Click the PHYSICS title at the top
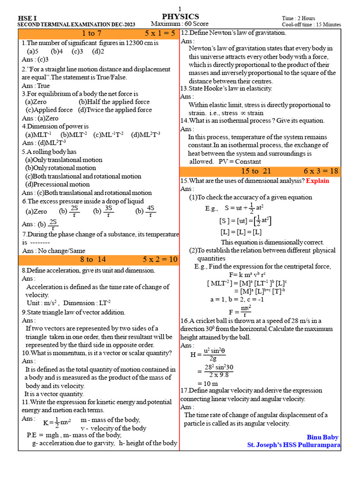click(x=180, y=16)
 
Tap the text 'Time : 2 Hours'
click(x=299, y=18)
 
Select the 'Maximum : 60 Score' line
click(x=180, y=24)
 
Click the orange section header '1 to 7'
click(x=91, y=33)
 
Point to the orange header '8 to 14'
click(x=93, y=259)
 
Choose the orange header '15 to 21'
click(x=256, y=171)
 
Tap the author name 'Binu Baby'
click(x=322, y=437)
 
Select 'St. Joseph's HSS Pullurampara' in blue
click(x=293, y=445)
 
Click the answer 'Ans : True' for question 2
click(x=36, y=86)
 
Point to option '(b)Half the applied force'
click(x=114, y=102)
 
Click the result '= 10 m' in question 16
click(x=204, y=383)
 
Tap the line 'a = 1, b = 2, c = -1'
click(x=237, y=299)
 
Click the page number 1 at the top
click(x=180, y=9)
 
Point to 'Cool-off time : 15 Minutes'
click(x=311, y=24)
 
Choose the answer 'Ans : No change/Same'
click(x=53, y=251)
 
